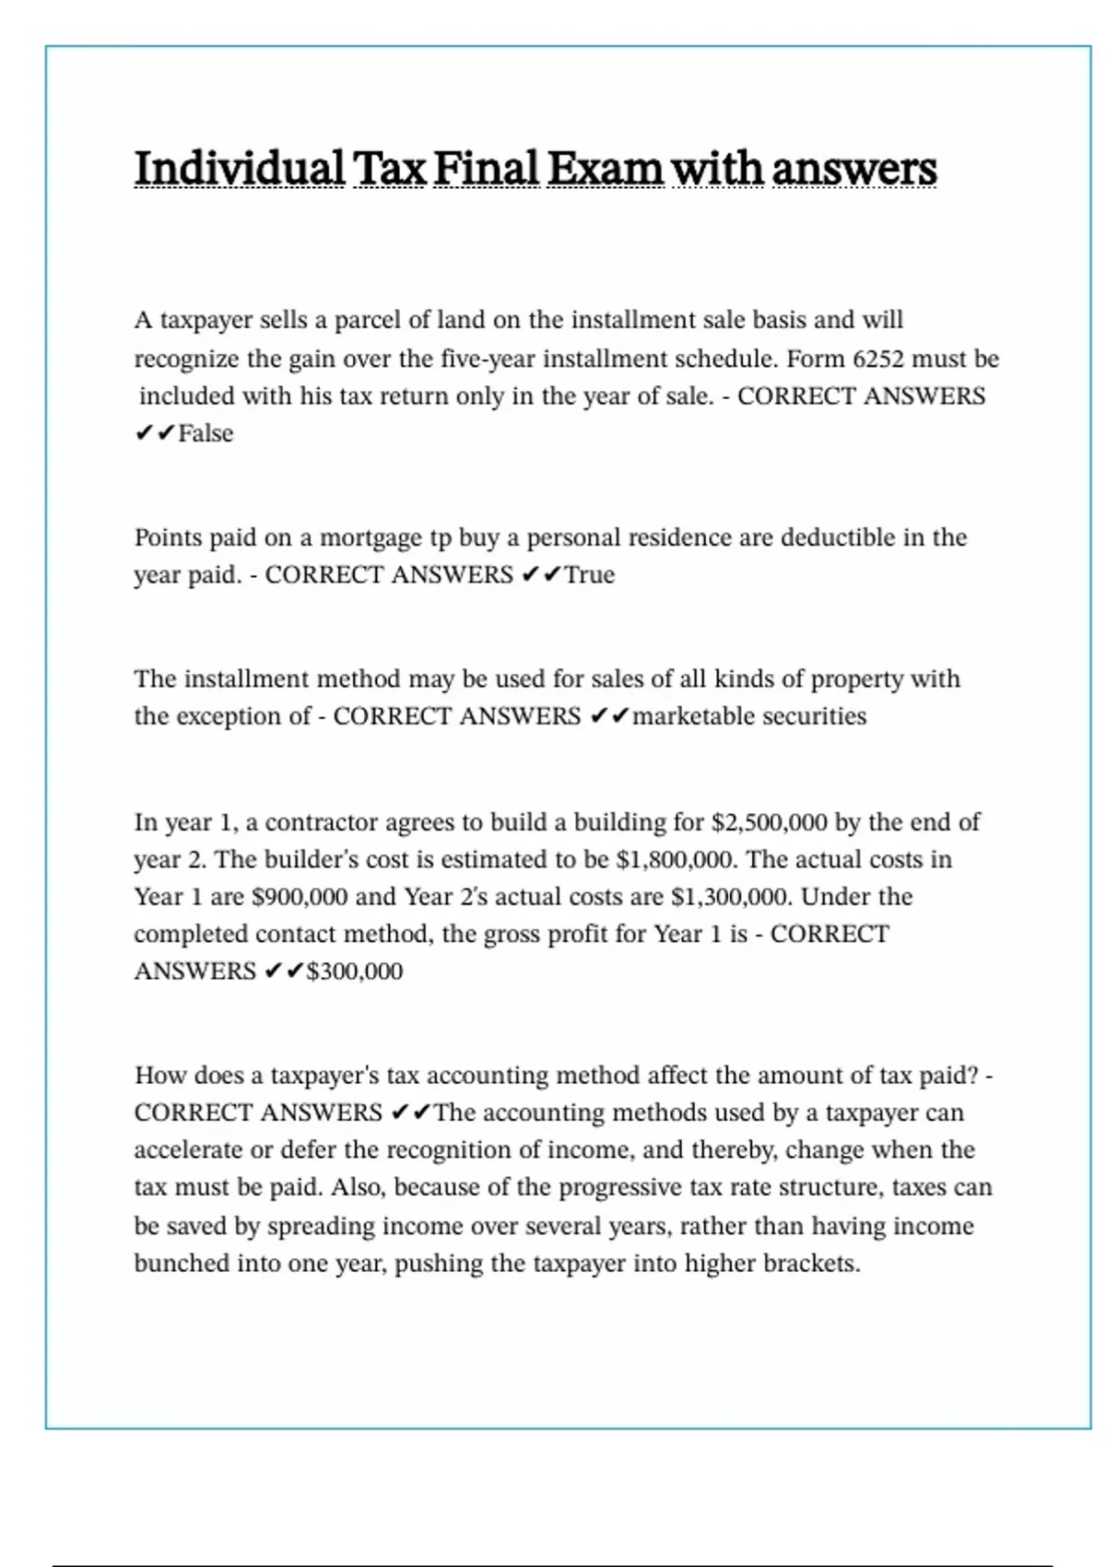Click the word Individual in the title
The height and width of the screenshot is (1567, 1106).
point(240,169)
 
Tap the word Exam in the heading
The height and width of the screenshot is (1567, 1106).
point(605,169)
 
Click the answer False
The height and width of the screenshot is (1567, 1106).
point(206,433)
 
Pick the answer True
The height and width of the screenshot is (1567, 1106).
point(590,575)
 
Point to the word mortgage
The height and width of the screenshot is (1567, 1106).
point(371,537)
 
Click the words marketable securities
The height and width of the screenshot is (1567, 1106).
point(749,716)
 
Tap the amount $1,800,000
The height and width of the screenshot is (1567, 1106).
point(677,860)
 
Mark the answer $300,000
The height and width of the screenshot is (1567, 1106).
point(355,972)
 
